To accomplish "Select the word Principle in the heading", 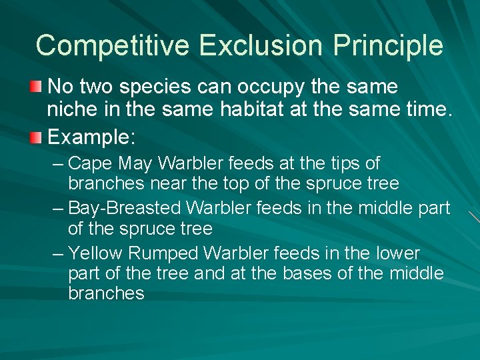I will pos(388,45).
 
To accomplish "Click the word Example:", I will pos(92,138).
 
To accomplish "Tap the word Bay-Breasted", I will pos(124,208).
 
